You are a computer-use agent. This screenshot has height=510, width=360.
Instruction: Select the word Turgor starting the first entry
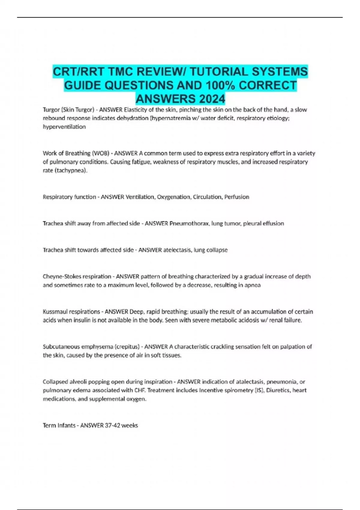tap(51, 109)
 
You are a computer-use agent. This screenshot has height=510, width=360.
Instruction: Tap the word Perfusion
tap(237, 197)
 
